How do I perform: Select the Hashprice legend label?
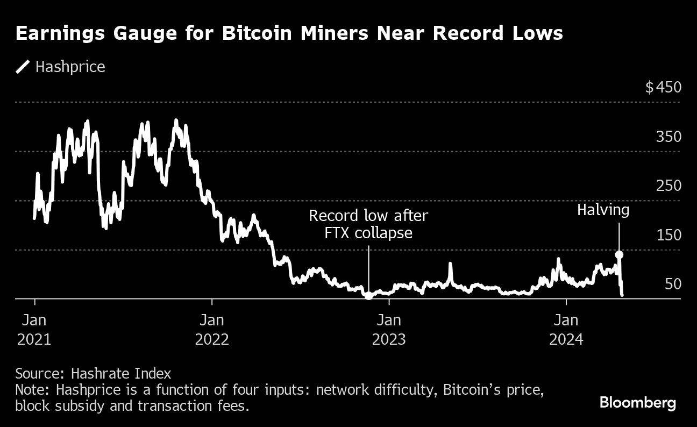(70, 67)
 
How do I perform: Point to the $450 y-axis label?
(663, 88)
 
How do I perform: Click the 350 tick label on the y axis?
(668, 137)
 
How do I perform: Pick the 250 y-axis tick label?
(668, 186)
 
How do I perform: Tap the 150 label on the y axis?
(668, 235)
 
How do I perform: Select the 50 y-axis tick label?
(672, 284)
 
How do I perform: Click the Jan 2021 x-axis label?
(35, 330)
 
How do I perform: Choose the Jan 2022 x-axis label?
(212, 330)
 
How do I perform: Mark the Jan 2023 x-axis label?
(389, 330)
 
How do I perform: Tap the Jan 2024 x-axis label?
(566, 330)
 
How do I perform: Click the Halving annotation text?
(603, 210)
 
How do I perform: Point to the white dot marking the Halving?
(619, 254)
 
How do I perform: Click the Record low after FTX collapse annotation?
(368, 224)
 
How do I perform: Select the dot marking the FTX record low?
(368, 295)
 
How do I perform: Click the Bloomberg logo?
(637, 402)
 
